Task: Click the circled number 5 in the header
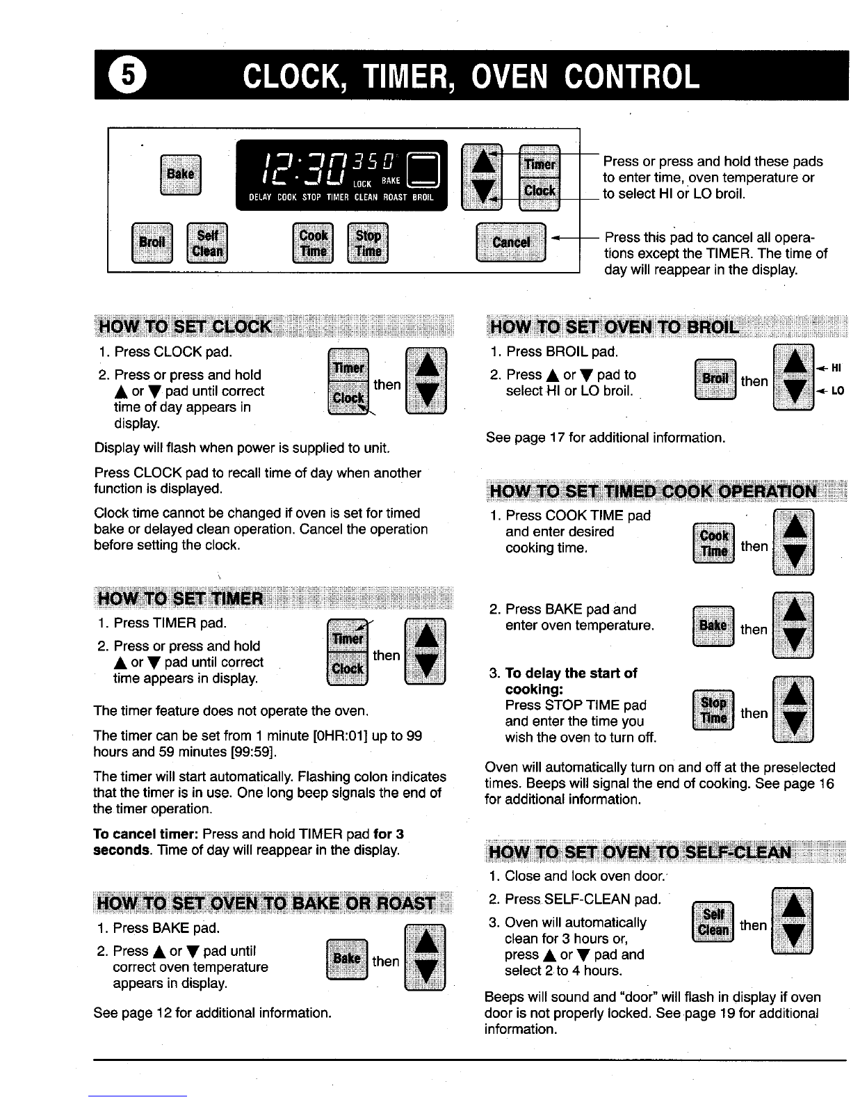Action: (127, 75)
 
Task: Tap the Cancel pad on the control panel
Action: (511, 242)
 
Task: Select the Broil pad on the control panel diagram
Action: (152, 243)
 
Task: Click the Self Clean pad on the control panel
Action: (206, 243)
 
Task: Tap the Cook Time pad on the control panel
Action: (313, 243)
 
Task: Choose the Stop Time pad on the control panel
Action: (368, 243)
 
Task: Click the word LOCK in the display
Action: (362, 184)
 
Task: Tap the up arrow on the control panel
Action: (483, 162)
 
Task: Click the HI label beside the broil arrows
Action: (836, 369)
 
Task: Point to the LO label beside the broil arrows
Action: (837, 391)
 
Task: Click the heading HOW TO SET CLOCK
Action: (185, 326)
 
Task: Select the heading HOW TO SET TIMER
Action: (181, 598)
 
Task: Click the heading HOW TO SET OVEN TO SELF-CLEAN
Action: (640, 852)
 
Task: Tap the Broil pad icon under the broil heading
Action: (715, 379)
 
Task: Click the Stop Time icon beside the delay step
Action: (713, 710)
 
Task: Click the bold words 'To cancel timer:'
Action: (145, 834)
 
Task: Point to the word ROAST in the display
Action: (396, 198)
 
